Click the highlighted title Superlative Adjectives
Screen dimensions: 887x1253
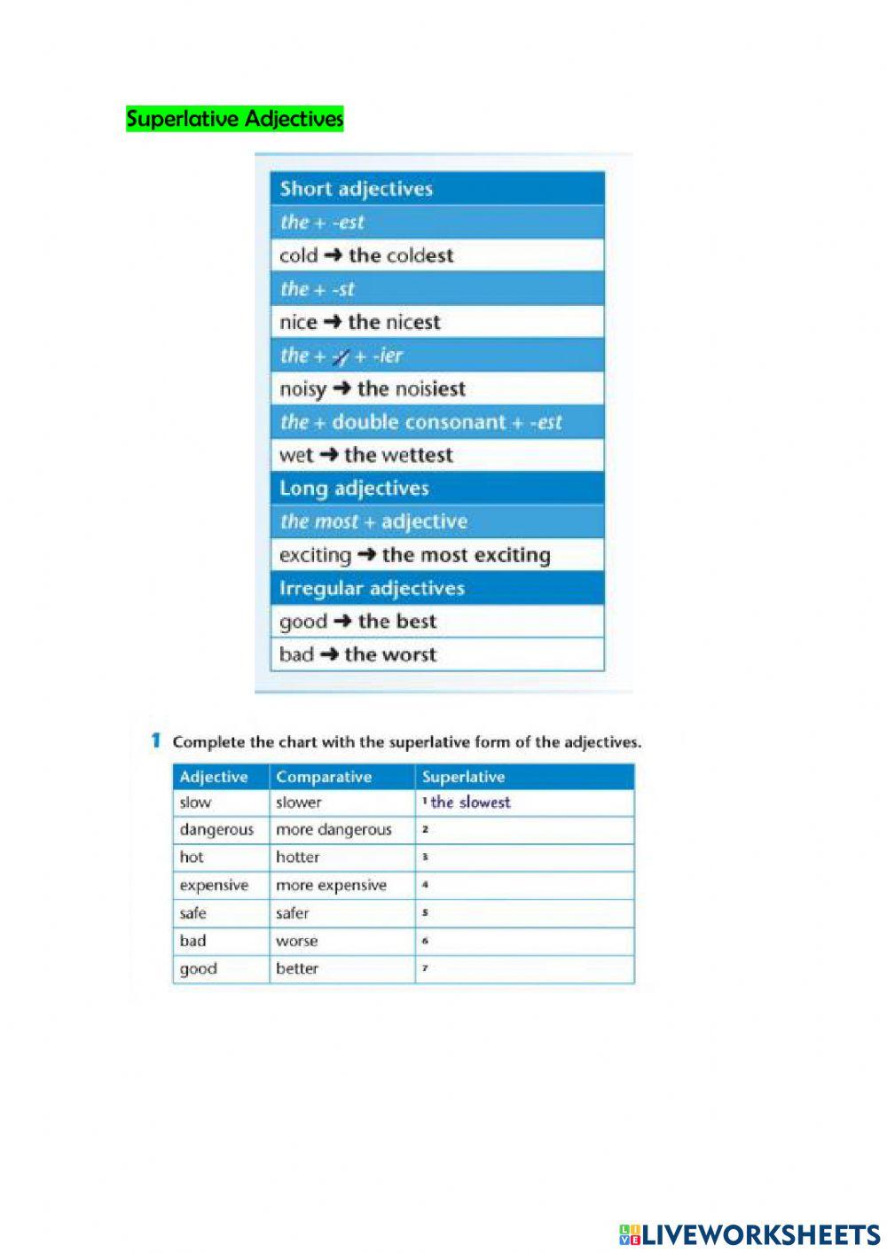234,119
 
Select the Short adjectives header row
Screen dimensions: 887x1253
436,189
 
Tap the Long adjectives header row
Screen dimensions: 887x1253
436,489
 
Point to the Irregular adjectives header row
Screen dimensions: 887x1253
436,588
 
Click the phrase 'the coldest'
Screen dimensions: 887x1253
401,255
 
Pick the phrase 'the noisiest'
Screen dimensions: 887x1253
411,388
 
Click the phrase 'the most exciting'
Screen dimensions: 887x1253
466,555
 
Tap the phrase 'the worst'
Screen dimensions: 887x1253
390,654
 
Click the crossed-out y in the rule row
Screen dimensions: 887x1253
340,356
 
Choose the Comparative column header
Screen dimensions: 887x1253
324,777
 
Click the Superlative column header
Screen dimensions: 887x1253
463,777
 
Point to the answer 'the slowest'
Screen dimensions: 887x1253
470,803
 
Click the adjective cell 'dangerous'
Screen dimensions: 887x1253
216,830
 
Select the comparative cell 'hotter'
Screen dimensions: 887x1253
298,858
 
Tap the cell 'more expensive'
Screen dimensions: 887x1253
331,885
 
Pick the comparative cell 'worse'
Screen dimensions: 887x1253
296,941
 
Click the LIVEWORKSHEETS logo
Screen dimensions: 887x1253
750,1233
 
